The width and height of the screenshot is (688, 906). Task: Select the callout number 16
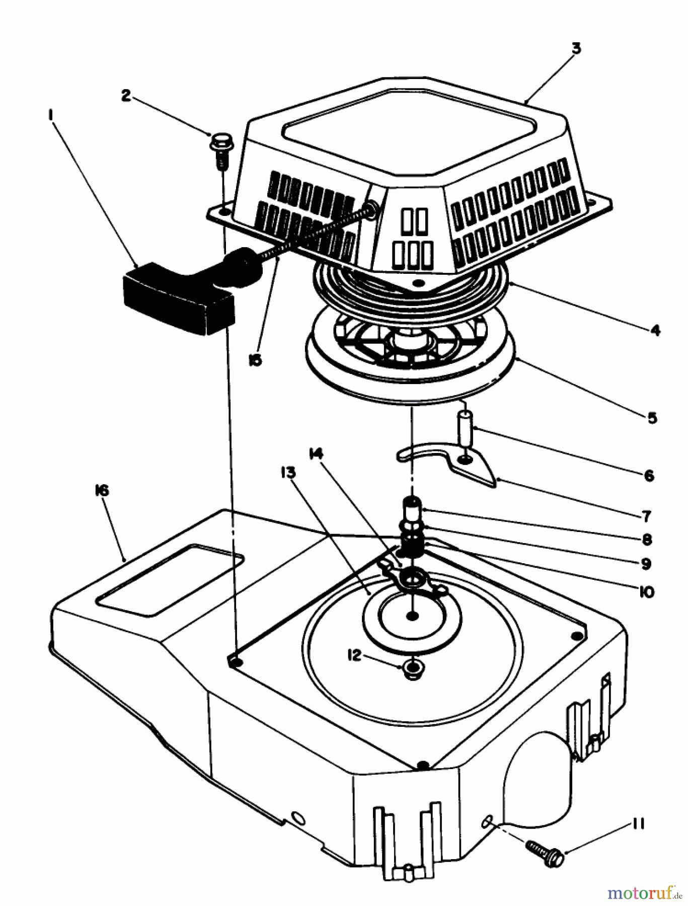click(x=101, y=491)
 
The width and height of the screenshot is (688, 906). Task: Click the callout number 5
click(x=652, y=417)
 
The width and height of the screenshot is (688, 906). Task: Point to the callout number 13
click(x=289, y=473)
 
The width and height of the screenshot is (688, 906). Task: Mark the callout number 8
click(x=647, y=540)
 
